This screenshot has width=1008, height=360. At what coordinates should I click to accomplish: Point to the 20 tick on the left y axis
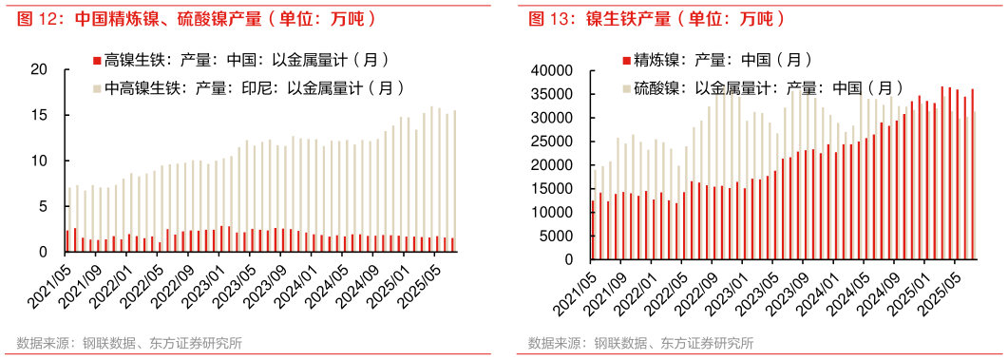(x=39, y=69)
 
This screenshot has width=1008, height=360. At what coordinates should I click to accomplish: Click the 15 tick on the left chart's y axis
(x=39, y=115)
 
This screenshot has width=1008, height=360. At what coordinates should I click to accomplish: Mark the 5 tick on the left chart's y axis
(x=43, y=206)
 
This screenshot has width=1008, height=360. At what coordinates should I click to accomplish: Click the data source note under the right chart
(x=641, y=344)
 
